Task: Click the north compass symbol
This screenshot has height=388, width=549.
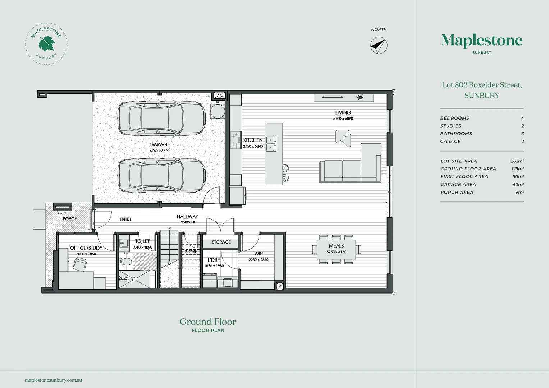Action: point(379,46)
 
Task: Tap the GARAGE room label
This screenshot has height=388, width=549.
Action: point(159,144)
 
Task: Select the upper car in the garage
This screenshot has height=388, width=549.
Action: point(162,118)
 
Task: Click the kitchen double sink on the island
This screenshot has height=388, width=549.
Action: point(271,143)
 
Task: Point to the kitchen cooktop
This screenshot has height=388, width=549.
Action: point(235,140)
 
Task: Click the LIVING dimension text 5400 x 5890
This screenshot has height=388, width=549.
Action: point(343,119)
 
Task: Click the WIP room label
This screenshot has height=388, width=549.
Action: point(259,254)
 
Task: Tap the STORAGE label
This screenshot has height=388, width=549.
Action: point(221,242)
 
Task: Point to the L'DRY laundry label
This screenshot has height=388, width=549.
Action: point(214,260)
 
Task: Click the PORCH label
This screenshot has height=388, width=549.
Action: point(70,219)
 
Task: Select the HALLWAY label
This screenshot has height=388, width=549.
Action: point(187,217)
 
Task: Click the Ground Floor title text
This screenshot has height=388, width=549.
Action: point(208,322)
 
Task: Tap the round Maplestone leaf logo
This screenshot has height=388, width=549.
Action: point(46,44)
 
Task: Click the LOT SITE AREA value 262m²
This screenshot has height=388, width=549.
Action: point(517,161)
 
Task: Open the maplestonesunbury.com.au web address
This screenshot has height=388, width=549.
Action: point(54,380)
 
